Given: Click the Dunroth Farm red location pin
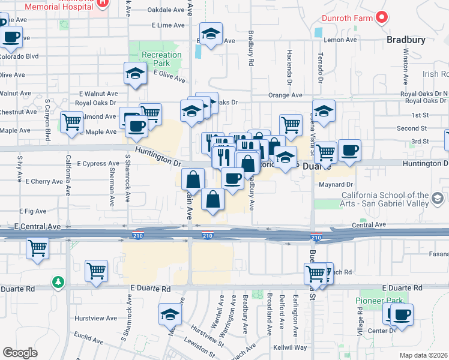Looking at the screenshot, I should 381,17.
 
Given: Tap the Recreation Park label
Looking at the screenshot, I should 161,59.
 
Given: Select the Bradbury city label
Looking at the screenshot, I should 406,40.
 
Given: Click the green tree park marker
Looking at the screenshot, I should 58,281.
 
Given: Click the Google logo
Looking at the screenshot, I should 20,353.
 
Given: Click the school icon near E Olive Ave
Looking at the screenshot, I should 135,74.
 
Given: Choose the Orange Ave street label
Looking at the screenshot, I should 285,95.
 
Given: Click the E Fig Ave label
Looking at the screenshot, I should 32,211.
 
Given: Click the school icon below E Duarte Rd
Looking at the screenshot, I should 170,314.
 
